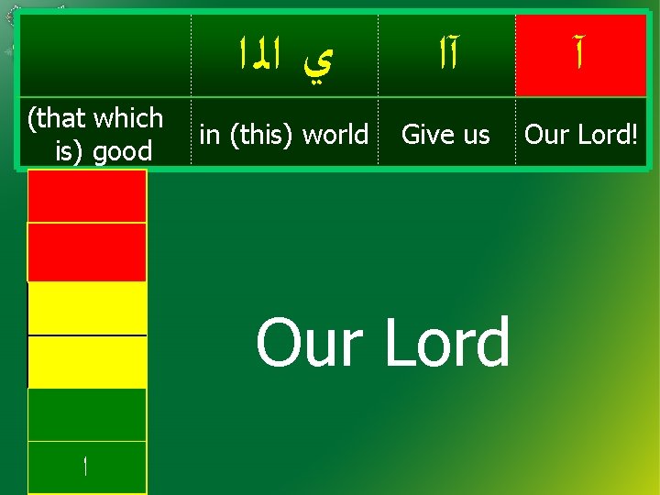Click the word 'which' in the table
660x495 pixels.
tap(127, 118)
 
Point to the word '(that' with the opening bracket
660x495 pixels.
tap(58, 118)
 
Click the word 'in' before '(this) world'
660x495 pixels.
tap(210, 135)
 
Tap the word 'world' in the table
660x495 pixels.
tap(335, 135)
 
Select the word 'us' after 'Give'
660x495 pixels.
tap(475, 135)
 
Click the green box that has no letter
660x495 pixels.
tap(87, 414)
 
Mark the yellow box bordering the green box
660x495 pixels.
tap(87, 361)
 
